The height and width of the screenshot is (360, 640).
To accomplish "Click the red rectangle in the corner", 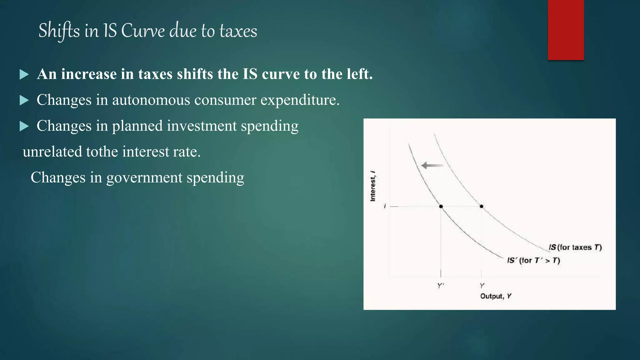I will coord(566,30).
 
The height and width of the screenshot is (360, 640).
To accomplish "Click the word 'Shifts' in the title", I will coord(59,31).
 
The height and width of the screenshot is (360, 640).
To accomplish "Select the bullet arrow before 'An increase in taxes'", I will coord(24,75).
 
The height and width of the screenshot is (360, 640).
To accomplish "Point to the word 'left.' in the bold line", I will coord(360,74).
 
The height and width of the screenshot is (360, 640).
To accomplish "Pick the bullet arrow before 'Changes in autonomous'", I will coord(24,100).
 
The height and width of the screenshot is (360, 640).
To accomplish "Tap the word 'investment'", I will coord(202,126).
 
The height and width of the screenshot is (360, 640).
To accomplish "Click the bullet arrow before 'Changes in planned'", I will coord(24,126).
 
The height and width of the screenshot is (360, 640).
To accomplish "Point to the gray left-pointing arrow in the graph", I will coord(432,165).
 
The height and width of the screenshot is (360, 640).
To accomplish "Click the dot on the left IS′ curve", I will coord(441,206).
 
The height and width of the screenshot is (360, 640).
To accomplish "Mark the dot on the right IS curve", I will coord(481,206).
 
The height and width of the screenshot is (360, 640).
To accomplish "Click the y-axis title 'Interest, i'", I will coord(372,186).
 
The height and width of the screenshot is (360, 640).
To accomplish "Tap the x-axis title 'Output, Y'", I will coord(496,296).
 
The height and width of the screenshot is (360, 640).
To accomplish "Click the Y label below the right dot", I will coord(482,286).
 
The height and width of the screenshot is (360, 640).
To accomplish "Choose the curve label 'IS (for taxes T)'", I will coord(575,247).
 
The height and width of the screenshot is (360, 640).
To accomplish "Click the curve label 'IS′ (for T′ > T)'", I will coord(533,260).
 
